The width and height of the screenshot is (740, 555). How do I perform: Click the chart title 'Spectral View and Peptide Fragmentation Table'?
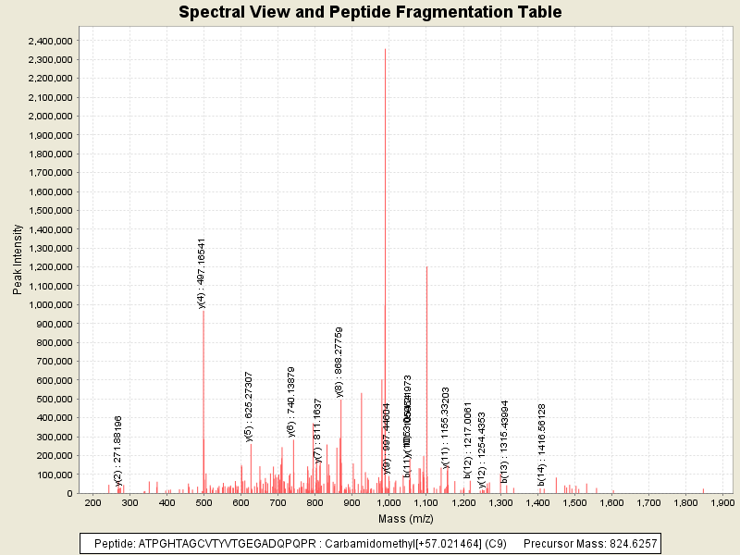point(370,12)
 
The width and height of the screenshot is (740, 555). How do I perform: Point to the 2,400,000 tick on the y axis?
point(51,41)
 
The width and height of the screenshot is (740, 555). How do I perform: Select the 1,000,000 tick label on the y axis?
point(51,305)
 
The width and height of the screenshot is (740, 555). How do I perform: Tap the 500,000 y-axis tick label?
point(55,400)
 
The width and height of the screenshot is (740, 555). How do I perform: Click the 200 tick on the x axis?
point(92,502)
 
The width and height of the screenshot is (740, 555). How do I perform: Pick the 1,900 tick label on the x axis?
point(721,502)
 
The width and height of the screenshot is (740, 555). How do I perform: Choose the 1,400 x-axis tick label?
point(537,502)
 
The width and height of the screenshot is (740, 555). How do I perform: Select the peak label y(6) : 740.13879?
point(291,401)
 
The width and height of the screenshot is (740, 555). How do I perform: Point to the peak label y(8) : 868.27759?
point(339,362)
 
